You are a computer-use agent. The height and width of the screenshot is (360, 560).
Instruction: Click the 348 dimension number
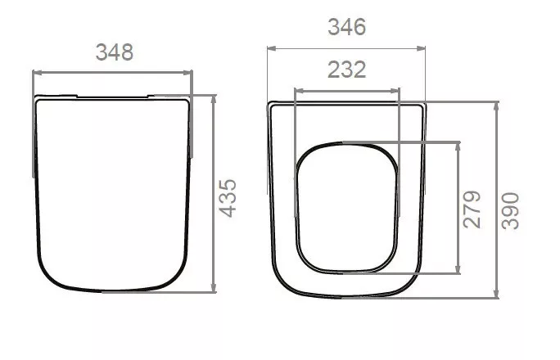tap(115, 52)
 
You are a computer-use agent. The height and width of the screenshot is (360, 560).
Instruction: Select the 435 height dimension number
tap(228, 198)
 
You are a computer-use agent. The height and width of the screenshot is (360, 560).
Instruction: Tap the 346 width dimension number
tap(347, 27)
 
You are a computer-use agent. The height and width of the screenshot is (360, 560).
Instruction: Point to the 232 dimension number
tap(347, 70)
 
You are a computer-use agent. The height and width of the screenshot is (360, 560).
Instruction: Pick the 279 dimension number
tap(472, 209)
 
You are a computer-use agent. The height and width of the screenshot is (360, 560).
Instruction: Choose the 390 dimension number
tap(510, 210)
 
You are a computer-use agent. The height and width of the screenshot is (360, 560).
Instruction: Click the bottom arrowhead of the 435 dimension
tap(214, 287)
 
